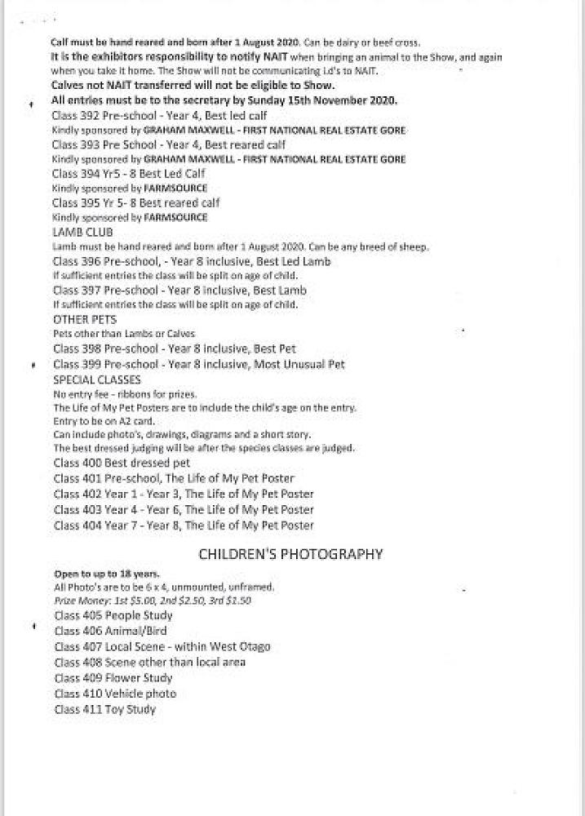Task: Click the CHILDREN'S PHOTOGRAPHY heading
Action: (291, 555)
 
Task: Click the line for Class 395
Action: (136, 203)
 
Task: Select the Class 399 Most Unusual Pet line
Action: (198, 365)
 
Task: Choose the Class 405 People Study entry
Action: (113, 615)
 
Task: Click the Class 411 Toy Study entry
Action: (104, 710)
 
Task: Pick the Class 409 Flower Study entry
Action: (113, 678)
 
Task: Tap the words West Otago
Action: (239, 646)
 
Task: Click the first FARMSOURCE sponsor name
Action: (175, 188)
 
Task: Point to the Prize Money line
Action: (153, 600)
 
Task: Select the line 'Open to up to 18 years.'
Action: (107, 574)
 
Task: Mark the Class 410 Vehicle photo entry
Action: (115, 694)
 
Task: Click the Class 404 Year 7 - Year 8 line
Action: (184, 526)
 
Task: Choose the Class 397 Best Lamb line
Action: (179, 290)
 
